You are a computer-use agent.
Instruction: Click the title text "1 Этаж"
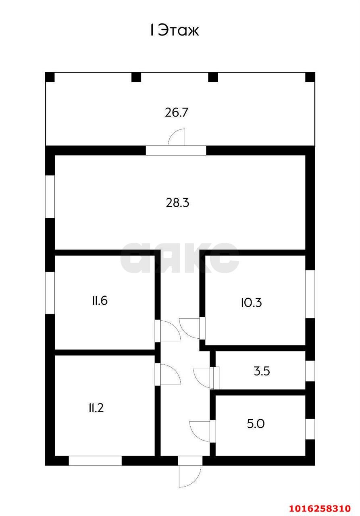pos(175,31)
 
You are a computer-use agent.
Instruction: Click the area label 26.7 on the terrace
pos(177,112)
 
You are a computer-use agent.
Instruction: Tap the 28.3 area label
pos(177,203)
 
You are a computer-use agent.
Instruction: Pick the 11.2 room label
pos(96,408)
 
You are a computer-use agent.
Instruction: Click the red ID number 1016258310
pos(325,507)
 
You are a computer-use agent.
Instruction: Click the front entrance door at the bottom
pos(190,475)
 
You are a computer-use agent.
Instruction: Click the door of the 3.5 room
pos(203,378)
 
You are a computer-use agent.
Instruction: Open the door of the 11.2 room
pos(169,374)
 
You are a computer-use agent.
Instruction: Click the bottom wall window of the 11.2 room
pos(95,460)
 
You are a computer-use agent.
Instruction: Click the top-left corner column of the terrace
pos(50,77)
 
